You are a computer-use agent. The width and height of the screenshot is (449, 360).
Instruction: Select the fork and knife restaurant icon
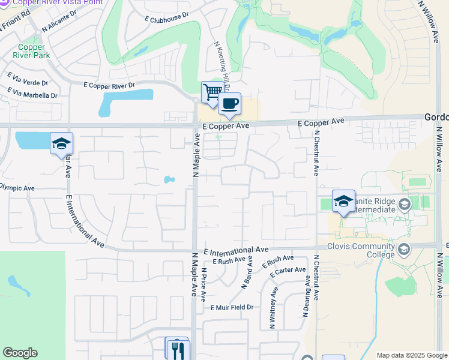[x=178, y=350]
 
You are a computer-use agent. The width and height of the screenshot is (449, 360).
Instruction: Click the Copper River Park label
[x=34, y=52]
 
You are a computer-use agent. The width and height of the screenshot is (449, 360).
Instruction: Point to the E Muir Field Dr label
[x=232, y=307]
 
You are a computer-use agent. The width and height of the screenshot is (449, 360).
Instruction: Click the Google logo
[x=20, y=353]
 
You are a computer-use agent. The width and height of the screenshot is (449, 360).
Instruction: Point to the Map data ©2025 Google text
[x=412, y=355]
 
